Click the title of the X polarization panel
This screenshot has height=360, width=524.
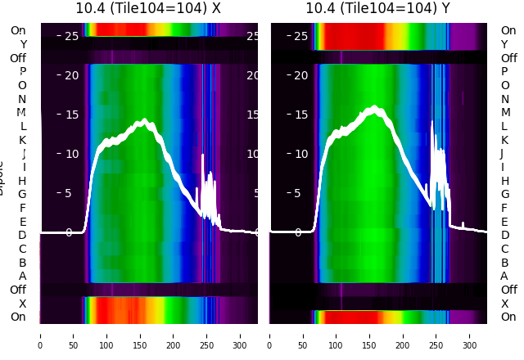[x=149, y=8]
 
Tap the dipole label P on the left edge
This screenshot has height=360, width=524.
[x=23, y=72]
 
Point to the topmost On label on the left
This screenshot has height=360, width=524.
[x=18, y=31]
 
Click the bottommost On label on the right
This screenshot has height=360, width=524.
[x=508, y=317]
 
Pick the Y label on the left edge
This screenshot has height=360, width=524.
[x=23, y=45]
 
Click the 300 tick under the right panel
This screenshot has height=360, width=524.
[x=471, y=335]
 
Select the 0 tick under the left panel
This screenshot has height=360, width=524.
[x=40, y=335]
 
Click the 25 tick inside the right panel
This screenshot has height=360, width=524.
[x=300, y=36]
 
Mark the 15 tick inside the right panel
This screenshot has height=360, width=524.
[x=300, y=115]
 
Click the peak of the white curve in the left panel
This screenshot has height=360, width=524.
[x=144, y=121]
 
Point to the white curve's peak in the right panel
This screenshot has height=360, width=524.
[x=376, y=107]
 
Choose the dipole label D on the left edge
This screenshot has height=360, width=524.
[x=23, y=236]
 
